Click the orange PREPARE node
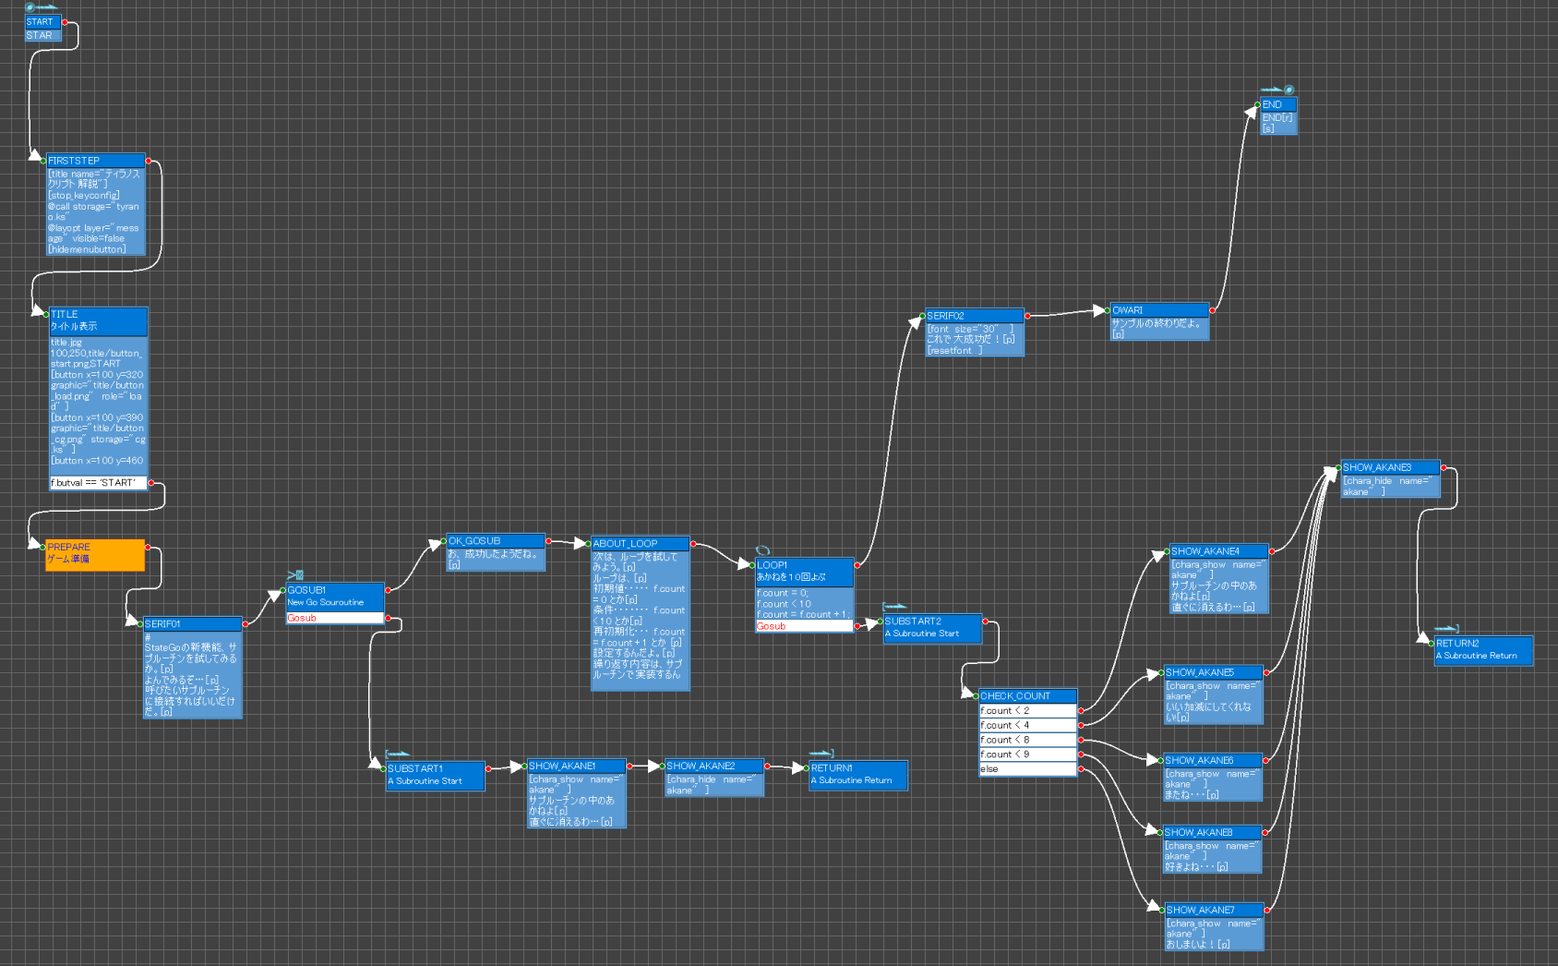[95, 554]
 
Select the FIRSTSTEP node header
[96, 161]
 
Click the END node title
[1278, 104]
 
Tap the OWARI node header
[1159, 310]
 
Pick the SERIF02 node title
[975, 316]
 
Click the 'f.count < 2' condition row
[1027, 711]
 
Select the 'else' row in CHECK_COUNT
[1027, 769]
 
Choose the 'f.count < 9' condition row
[1027, 755]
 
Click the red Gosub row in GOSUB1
[334, 618]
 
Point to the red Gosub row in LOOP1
[804, 626]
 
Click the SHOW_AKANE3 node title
[1390, 467]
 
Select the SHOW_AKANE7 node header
[1214, 910]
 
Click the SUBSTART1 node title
[435, 768]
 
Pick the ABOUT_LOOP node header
[640, 544]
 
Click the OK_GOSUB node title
[496, 541]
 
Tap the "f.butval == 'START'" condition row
[98, 483]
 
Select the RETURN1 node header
[857, 768]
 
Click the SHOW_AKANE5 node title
[1213, 672]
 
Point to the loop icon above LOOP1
[762, 551]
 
